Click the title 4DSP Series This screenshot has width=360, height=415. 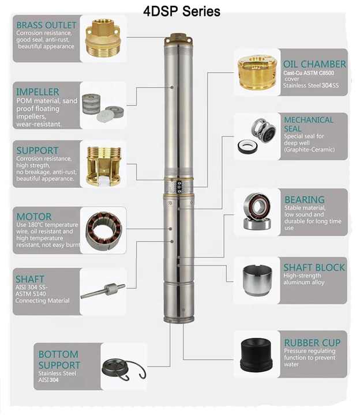pyautogui.click(x=182, y=12)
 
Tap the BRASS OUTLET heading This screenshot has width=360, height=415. pyautogui.click(x=46, y=25)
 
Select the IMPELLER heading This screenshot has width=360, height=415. pyautogui.click(x=37, y=92)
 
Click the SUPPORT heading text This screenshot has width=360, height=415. pyautogui.click(x=37, y=150)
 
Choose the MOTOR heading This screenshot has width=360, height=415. pyautogui.click(x=34, y=217)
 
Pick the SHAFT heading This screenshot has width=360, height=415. pyautogui.click(x=30, y=279)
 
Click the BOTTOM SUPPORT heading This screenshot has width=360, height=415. pyautogui.click(x=58, y=360)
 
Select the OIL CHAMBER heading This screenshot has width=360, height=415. pyautogui.click(x=314, y=64)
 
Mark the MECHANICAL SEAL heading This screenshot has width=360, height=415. pyautogui.click(x=309, y=124)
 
